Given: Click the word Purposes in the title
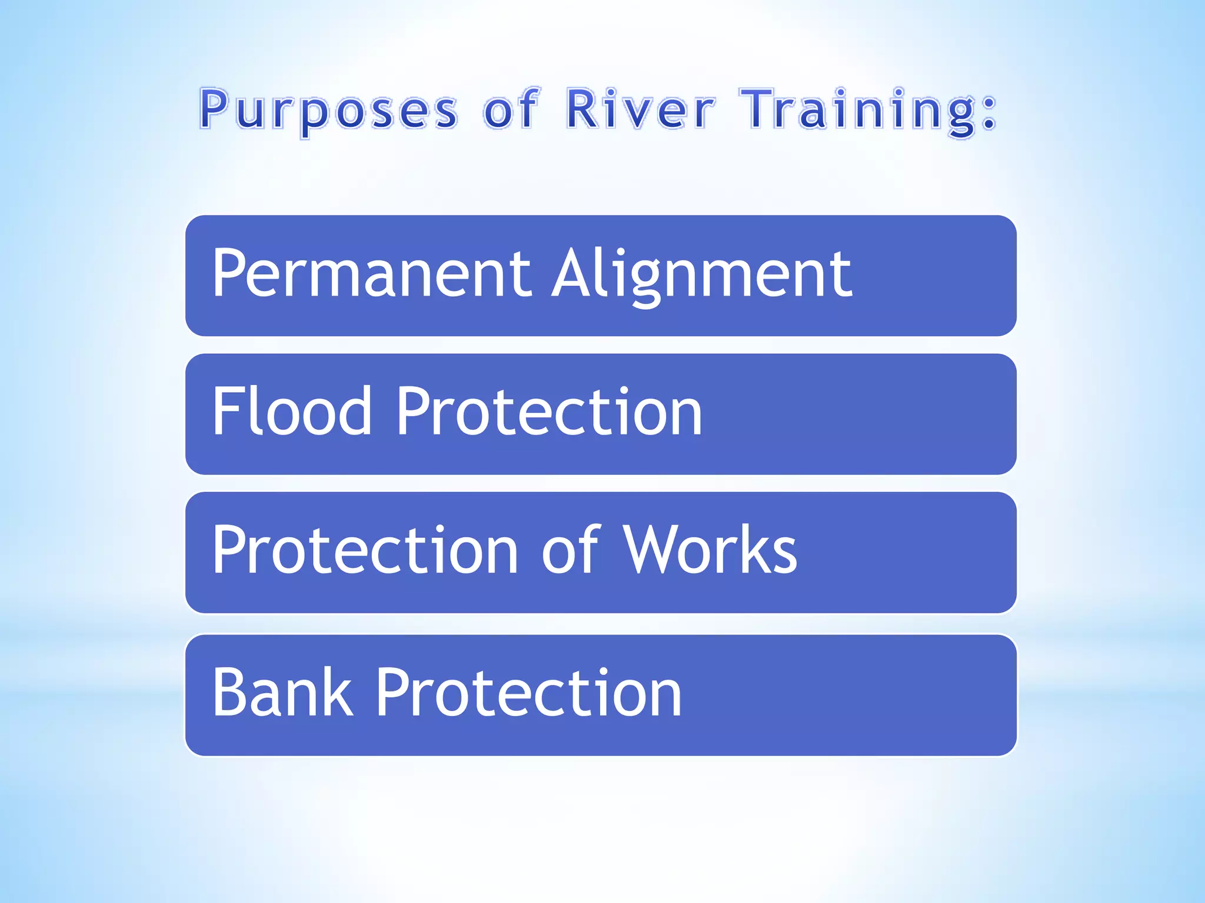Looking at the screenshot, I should click(328, 110).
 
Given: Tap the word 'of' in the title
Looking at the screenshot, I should click(510, 109).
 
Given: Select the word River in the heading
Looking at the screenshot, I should click(640, 109).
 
